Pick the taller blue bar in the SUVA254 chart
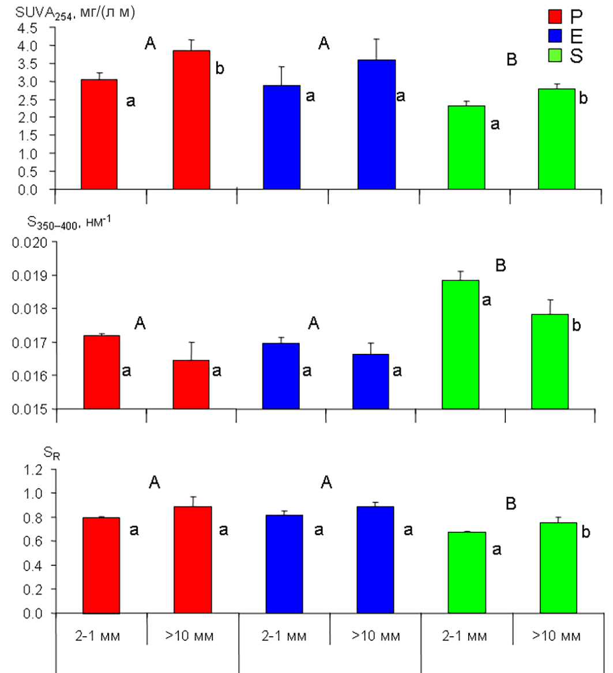point(377,124)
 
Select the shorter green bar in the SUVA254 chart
point(466,148)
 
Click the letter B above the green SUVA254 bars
point(510,60)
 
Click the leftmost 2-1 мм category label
point(101,637)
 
